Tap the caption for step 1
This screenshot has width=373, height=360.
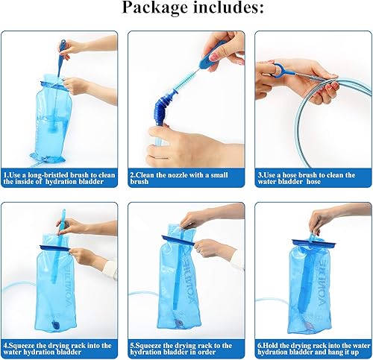(60, 179)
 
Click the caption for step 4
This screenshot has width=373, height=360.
(60, 350)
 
